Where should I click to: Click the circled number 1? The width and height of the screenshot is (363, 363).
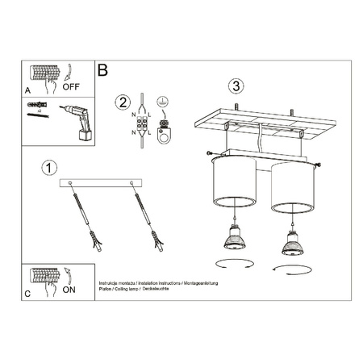(50, 168)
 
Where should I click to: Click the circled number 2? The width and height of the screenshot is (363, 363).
(123, 102)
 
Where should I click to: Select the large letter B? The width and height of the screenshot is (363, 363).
(102, 70)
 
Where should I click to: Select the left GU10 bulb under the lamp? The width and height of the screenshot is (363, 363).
(235, 239)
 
